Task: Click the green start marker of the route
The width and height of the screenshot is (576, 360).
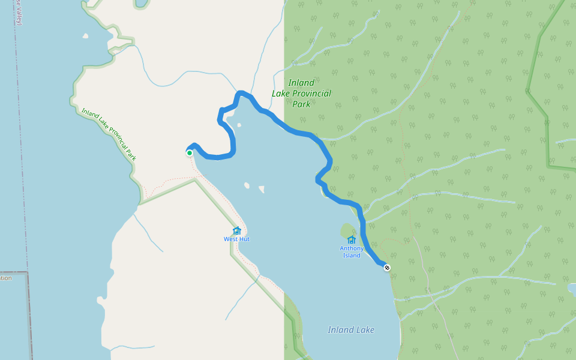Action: (190, 153)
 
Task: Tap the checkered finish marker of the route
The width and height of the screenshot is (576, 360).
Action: (387, 268)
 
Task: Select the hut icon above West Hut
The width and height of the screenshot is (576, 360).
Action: (236, 231)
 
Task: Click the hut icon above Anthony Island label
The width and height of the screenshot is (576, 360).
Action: (352, 240)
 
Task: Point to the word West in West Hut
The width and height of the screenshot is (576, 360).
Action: (231, 239)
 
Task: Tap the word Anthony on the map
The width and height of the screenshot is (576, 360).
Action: (352, 248)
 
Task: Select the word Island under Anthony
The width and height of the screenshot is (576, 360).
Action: (352, 256)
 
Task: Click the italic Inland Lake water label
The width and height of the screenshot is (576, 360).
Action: (351, 330)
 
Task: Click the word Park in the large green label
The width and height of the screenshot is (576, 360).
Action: (301, 104)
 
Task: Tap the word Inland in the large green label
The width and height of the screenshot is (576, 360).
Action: (301, 83)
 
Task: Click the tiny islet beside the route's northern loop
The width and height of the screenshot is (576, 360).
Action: (239, 125)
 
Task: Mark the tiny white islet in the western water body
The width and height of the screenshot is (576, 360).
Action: (85, 36)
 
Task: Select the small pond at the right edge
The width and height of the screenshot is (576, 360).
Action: (572, 290)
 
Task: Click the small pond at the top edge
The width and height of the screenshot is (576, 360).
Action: (141, 3)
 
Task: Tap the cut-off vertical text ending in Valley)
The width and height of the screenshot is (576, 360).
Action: (19, 12)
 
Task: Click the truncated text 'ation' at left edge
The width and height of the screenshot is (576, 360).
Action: (5, 278)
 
